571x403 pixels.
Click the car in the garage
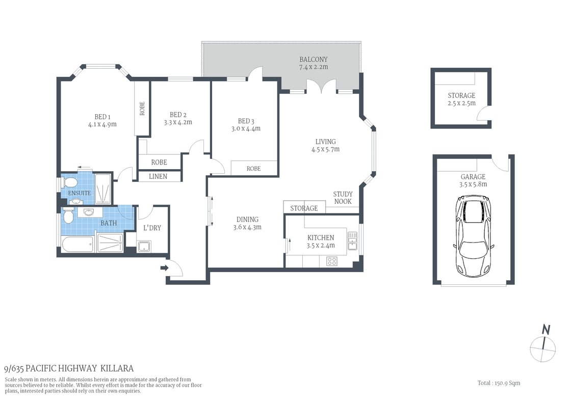click(x=474, y=237)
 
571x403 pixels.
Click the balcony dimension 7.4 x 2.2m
click(x=313, y=67)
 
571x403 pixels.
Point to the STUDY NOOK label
click(x=343, y=198)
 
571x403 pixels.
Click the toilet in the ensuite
click(x=70, y=182)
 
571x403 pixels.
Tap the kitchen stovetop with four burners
click(x=332, y=261)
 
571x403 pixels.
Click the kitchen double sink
click(x=352, y=238)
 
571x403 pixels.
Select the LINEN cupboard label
click(x=159, y=176)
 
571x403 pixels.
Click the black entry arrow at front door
click(x=164, y=267)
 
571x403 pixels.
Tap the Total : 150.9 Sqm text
click(x=499, y=383)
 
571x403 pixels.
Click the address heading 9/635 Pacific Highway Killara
click(x=69, y=368)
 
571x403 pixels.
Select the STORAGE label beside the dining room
click(x=304, y=208)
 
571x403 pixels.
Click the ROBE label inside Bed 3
click(x=253, y=169)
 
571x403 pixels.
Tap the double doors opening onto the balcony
click(x=322, y=86)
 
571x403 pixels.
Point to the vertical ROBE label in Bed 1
click(x=142, y=108)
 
